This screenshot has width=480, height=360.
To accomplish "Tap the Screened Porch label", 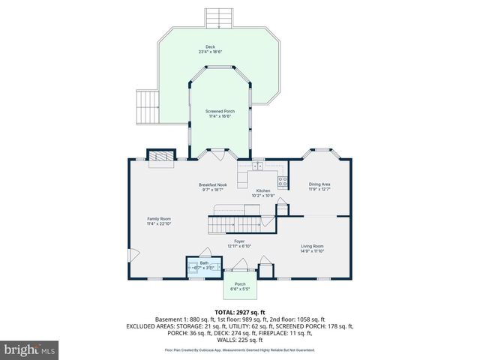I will (x=220, y=113).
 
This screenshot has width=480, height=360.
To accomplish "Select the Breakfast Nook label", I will (x=213, y=187).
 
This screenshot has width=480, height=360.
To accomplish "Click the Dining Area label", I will (x=319, y=186).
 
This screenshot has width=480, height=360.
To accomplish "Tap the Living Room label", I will (x=312, y=248).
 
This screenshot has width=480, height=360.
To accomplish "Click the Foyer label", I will (x=239, y=243).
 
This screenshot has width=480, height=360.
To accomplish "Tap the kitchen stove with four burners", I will (x=283, y=180).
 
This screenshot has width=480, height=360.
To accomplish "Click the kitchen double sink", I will (x=258, y=166).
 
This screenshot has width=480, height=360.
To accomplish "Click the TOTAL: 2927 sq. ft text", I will (x=240, y=312).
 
